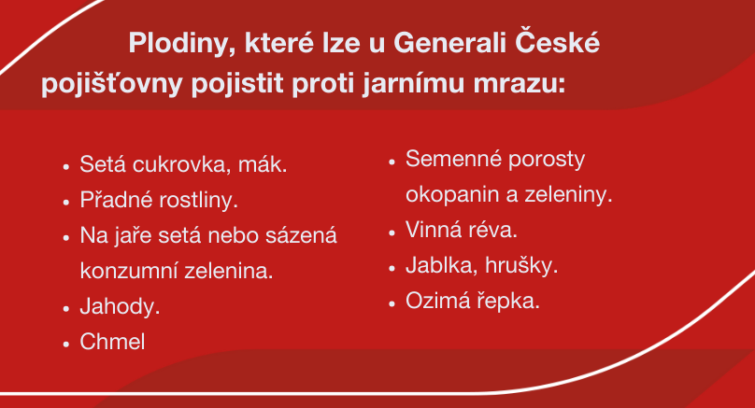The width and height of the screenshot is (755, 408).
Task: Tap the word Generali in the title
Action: [x=449, y=43]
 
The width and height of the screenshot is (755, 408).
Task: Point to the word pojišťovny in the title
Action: [x=111, y=84]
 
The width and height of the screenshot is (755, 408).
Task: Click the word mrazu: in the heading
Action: [x=519, y=85]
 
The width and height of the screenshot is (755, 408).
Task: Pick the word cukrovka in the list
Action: [x=178, y=164]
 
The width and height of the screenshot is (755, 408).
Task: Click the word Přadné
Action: [x=116, y=199]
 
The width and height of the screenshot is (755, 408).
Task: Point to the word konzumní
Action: [x=128, y=271]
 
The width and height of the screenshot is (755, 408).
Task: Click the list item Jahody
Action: [x=120, y=307]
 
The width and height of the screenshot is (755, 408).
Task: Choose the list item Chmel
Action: [x=112, y=342]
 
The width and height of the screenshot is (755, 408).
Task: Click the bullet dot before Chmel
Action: [x=66, y=344]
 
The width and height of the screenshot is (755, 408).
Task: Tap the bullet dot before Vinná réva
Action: [x=392, y=232]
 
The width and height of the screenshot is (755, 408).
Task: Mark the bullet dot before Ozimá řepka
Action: [x=392, y=303]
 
